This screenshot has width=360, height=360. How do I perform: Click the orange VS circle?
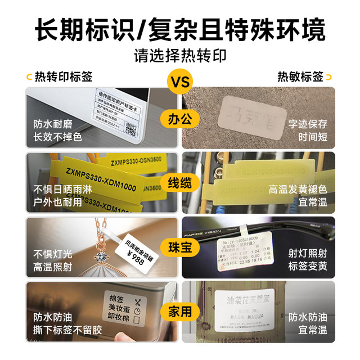pyautogui.click(x=179, y=83)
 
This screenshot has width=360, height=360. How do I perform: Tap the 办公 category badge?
pyautogui.click(x=179, y=119)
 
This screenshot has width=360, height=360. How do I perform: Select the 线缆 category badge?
pyautogui.click(x=179, y=183)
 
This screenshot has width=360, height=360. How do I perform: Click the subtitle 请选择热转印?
pyautogui.click(x=179, y=56)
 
